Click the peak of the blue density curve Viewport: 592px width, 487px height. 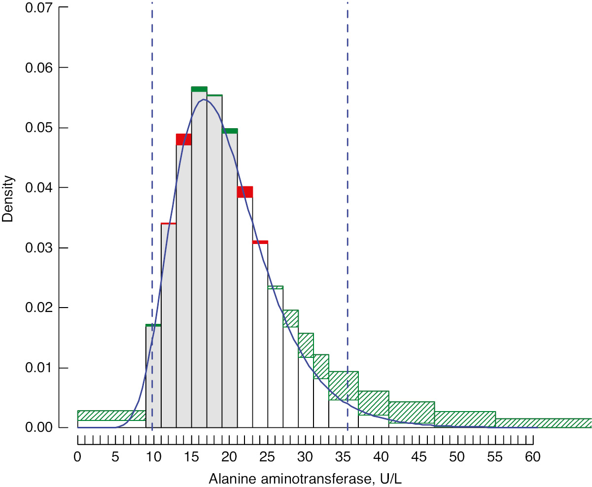[204, 100]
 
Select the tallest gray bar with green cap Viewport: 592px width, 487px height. [199, 256]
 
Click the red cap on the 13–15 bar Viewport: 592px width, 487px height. [184, 139]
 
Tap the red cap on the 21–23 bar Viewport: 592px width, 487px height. [245, 192]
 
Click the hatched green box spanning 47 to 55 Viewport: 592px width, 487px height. [465, 419]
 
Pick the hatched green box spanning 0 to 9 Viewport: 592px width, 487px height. [111, 415]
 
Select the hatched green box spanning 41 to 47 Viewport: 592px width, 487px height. [412, 413]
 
